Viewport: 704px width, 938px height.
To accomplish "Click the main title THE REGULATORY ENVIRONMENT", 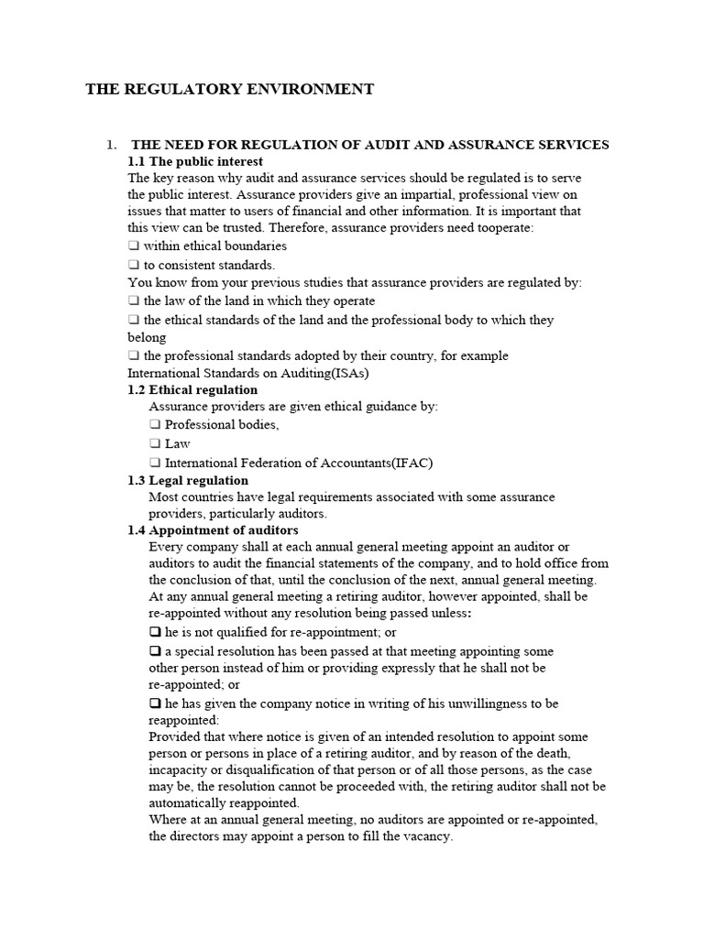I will (229, 89).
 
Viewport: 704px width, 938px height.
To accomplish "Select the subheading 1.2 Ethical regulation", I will (192, 389).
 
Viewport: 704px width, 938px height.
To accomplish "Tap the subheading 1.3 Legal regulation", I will (188, 480).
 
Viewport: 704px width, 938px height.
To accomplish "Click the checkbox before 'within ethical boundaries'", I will (134, 246).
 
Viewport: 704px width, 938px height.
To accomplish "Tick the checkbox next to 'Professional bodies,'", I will (155, 425).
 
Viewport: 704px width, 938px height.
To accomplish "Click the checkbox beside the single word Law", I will (155, 444).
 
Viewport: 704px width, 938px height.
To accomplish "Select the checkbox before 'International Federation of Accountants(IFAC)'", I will (155, 464).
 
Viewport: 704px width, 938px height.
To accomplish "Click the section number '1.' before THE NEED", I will (112, 145).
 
